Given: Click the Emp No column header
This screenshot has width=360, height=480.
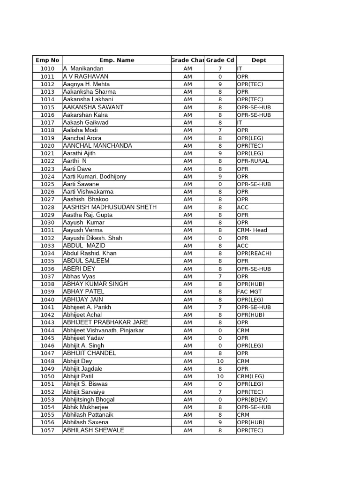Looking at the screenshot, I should point(47,60).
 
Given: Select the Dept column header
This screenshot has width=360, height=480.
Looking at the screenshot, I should point(259,60).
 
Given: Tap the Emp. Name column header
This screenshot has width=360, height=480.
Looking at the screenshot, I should point(117,60).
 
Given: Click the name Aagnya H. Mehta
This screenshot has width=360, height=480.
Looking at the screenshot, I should point(86,84).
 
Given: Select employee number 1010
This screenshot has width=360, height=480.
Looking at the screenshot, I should point(47,69).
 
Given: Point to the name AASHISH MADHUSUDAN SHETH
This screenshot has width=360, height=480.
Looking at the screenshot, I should point(110,207).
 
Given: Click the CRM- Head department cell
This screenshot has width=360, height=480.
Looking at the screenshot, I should point(252,230).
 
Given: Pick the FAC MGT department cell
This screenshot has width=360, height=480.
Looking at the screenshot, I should point(249,292).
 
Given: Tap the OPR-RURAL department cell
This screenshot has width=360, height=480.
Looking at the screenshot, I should point(253,161).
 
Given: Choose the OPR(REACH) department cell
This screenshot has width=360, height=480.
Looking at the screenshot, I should point(254,253).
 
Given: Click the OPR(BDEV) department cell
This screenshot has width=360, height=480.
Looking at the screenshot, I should point(253,399).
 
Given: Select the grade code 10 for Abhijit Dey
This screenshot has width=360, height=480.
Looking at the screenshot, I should point(220,361).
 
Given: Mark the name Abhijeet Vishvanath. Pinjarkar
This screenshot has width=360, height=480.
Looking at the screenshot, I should point(104,330).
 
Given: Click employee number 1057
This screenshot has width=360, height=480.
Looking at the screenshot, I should point(47,430).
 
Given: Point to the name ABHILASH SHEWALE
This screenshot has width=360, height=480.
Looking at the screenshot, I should point(93,430).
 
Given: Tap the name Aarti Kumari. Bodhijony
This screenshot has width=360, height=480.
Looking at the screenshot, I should point(94,176).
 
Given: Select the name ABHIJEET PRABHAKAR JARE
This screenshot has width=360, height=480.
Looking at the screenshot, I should point(105,322).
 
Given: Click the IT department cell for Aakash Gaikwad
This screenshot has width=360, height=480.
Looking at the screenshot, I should point(240,122).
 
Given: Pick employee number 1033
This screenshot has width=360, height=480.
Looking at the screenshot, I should point(47,246).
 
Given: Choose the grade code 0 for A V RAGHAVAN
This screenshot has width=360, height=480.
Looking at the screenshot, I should point(220,76).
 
